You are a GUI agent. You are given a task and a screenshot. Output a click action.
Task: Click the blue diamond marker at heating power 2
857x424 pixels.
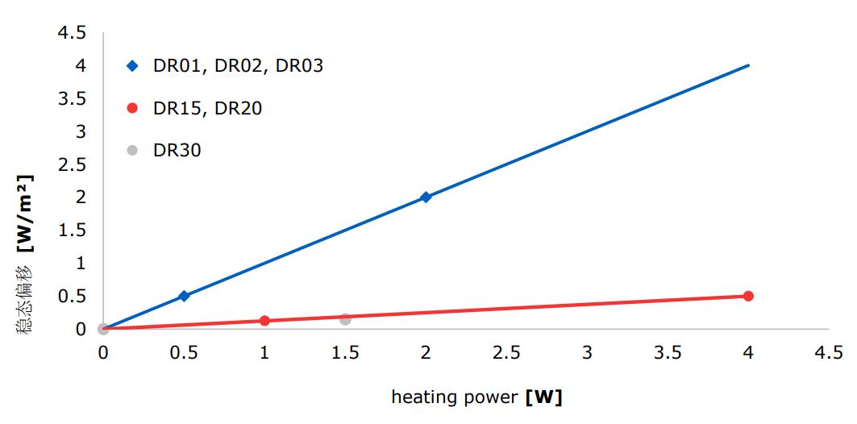pyautogui.click(x=426, y=197)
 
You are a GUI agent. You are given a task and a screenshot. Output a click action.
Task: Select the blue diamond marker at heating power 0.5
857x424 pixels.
pyautogui.click(x=184, y=296)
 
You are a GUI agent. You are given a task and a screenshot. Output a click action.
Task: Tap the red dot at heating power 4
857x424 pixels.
pyautogui.click(x=748, y=296)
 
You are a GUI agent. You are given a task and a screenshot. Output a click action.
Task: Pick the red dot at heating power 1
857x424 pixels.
pyautogui.click(x=264, y=321)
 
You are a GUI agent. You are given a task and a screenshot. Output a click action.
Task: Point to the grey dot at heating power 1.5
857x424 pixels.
pyautogui.click(x=345, y=319)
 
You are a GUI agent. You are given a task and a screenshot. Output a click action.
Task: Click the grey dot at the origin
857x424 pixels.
pyautogui.click(x=103, y=329)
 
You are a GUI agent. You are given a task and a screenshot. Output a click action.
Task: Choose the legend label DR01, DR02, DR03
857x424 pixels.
pyautogui.click(x=238, y=66)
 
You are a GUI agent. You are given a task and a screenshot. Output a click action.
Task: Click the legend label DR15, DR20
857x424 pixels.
pyautogui.click(x=207, y=108)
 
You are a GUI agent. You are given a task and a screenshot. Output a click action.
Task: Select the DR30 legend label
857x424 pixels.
pyautogui.click(x=177, y=150)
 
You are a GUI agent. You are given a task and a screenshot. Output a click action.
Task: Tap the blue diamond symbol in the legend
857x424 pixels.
pyautogui.click(x=133, y=66)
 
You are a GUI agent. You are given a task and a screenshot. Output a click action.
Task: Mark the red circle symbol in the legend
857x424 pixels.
pyautogui.click(x=133, y=108)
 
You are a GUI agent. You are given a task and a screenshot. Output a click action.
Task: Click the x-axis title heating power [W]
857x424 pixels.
pyautogui.click(x=476, y=397)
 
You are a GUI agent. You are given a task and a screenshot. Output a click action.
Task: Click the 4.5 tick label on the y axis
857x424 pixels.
pyautogui.click(x=71, y=33)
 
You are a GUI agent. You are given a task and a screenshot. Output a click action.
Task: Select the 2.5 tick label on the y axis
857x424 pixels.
pyautogui.click(x=71, y=164)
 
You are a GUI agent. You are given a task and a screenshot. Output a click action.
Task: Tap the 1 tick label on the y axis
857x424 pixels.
pyautogui.click(x=80, y=264)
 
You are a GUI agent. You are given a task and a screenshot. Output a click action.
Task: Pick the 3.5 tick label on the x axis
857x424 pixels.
pyautogui.click(x=668, y=353)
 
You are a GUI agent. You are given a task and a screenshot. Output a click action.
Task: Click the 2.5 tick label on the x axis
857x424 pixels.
pyautogui.click(x=506, y=353)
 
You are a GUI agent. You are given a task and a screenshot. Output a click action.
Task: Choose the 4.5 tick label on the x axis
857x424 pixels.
pyautogui.click(x=829, y=353)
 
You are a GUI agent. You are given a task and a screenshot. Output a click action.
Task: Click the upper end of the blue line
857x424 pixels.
pyautogui.click(x=748, y=65)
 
